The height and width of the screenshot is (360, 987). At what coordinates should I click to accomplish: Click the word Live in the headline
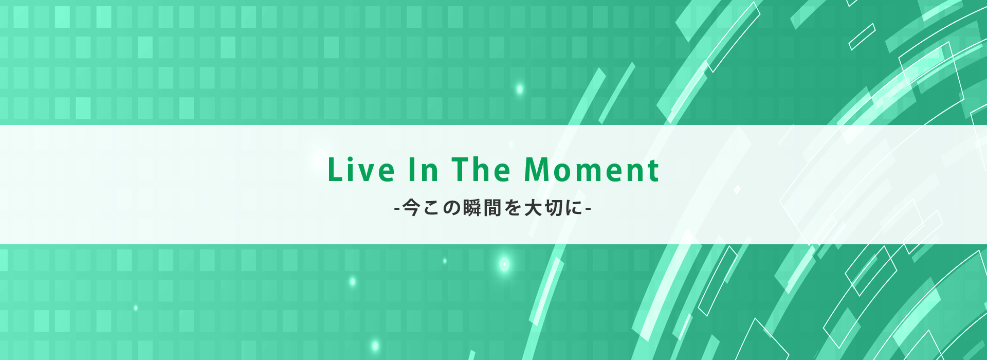tap(361, 170)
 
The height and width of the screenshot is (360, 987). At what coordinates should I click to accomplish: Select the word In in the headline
tap(424, 170)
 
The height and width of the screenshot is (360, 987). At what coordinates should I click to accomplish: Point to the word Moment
tap(591, 170)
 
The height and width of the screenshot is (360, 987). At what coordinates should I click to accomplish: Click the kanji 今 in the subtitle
tap(411, 208)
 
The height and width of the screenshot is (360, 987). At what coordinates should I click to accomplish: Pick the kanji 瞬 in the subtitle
tap(471, 208)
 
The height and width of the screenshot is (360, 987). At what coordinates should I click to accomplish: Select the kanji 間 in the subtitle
tap(492, 208)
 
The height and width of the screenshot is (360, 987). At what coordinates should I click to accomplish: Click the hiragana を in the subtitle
tap(513, 208)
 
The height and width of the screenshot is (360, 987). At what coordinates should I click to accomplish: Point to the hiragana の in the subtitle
tap(451, 208)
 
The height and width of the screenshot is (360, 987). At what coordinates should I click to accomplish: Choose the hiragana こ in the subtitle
tap(431, 208)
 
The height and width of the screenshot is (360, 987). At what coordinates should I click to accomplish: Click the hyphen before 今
tap(396, 209)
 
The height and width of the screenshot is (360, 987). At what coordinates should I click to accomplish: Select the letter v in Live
tap(369, 174)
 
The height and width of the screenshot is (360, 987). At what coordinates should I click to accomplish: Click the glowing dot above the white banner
tap(519, 89)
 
